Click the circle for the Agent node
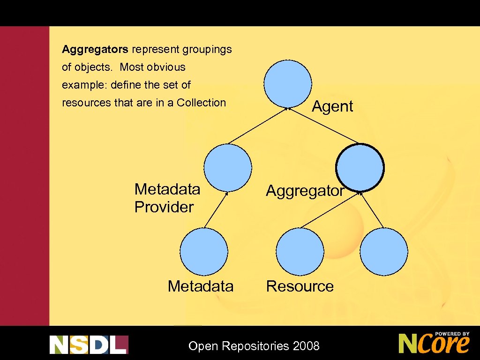pos(287,83)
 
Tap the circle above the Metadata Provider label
pos(228,167)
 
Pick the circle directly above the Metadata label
pos(204,252)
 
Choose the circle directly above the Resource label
pos(300,252)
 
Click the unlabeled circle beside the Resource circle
pos(384,252)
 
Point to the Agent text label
pos(332,106)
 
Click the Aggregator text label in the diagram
pos(305,191)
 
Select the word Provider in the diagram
pos(164,207)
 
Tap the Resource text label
pos(300,286)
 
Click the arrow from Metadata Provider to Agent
pos(258,126)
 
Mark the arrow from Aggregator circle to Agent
pos(323,126)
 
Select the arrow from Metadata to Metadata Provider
pos(216,210)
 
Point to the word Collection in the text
pos(201,103)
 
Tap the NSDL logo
pos(89,345)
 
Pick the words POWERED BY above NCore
pos(452,334)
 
